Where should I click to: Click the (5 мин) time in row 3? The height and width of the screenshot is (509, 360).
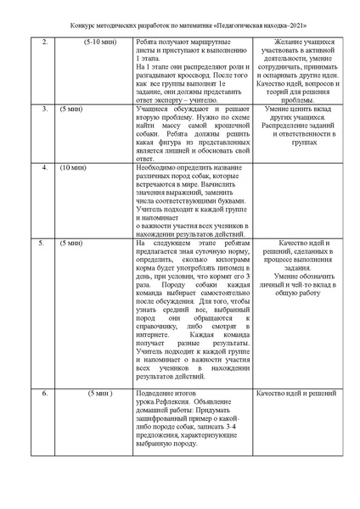pos(71,110)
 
